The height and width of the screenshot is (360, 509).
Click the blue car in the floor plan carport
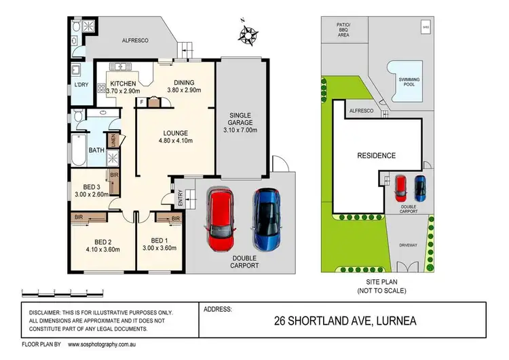point(266,219)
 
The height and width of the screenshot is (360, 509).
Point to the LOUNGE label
point(162,132)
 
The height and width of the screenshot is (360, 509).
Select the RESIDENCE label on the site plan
point(376,156)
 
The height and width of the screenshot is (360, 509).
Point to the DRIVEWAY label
point(408,245)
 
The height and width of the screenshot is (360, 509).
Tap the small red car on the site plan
point(400,185)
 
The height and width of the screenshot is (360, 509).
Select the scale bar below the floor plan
point(62,292)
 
